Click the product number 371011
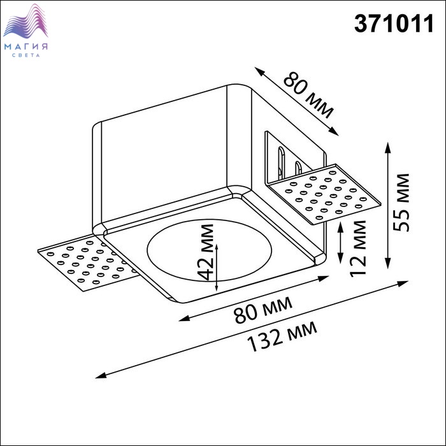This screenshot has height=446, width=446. click(x=394, y=24)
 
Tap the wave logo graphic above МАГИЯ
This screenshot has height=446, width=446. click(x=25, y=21)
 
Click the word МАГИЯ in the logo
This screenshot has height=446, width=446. click(x=26, y=47)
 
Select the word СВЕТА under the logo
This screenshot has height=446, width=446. click(x=26, y=55)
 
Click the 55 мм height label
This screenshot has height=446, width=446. click(x=401, y=202)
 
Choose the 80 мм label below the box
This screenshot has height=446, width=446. click(x=263, y=310)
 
